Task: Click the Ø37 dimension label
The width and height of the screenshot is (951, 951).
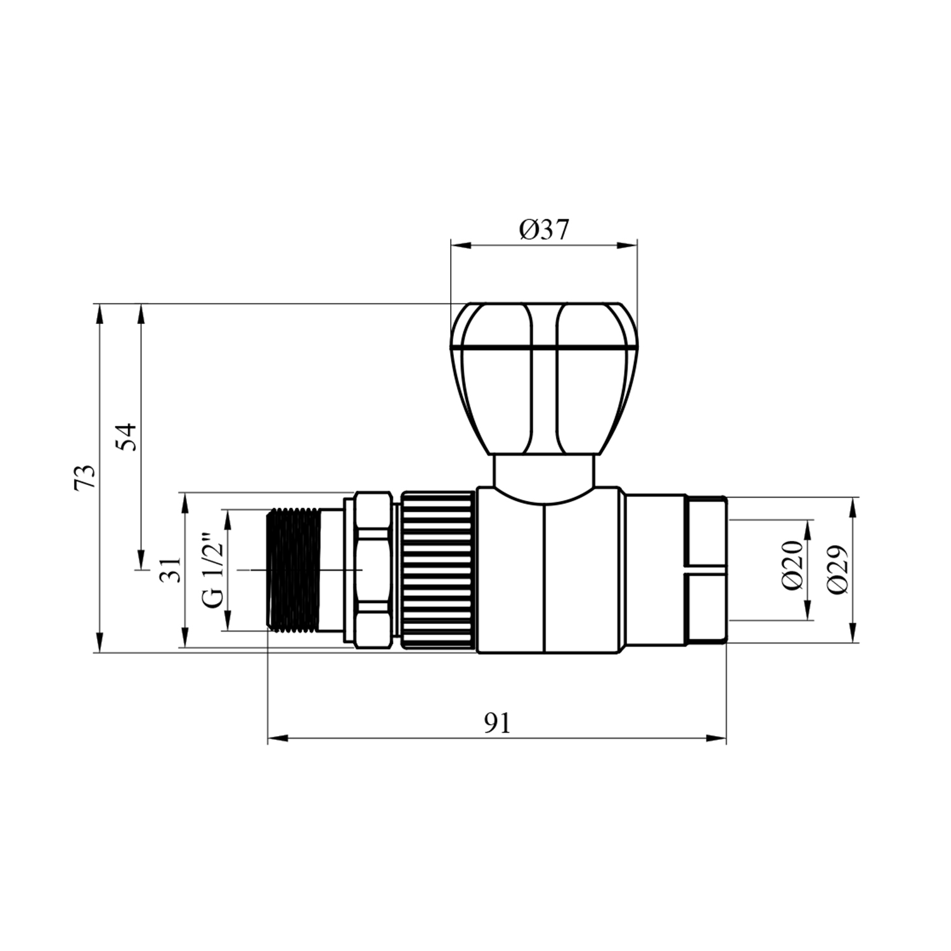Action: coord(544,230)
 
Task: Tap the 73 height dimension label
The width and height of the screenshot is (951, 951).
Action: coord(85,477)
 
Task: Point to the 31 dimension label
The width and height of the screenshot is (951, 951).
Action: coord(171,569)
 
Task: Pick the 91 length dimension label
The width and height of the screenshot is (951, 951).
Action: coord(497,723)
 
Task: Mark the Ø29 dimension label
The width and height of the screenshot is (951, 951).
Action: coord(838,569)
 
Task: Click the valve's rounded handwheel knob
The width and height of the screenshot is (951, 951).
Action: coord(543,378)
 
